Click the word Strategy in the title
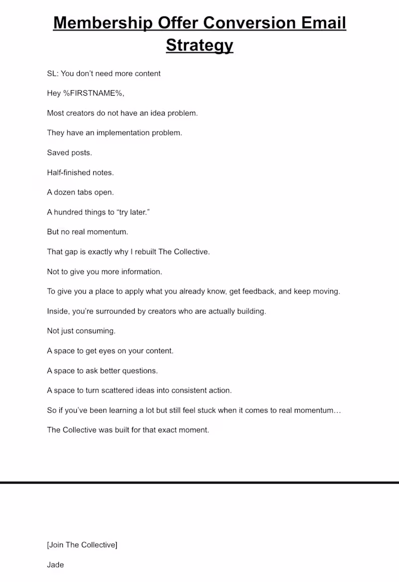click(x=199, y=45)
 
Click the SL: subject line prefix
click(x=53, y=74)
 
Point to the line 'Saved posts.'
click(x=69, y=153)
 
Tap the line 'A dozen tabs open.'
click(x=80, y=192)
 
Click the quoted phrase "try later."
click(x=133, y=212)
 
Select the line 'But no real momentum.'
click(x=87, y=232)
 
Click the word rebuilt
click(x=143, y=252)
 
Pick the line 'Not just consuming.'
click(x=81, y=331)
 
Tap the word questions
click(x=141, y=371)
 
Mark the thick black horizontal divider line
click(x=199, y=482)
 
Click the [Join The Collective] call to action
click(x=82, y=545)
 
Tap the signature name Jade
click(x=55, y=565)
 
